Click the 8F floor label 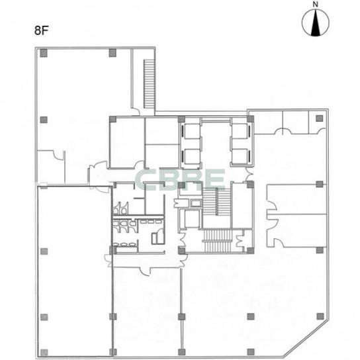pyautogui.click(x=42, y=30)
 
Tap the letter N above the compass pyautogui.click(x=316, y=5)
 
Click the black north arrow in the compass pyautogui.click(x=316, y=23)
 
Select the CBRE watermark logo pyautogui.click(x=180, y=179)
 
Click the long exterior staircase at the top pyautogui.click(x=149, y=84)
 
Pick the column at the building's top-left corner pyautogui.click(x=44, y=53)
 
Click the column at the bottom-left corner pyautogui.click(x=44, y=353)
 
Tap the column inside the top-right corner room pyautogui.click(x=320, y=118)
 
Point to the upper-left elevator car pyautogui.click(x=192, y=131)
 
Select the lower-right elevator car pyautogui.click(x=240, y=157)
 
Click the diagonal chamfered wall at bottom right pyautogui.click(x=306, y=338)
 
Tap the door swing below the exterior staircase pyautogui.click(x=136, y=111)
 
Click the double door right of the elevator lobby pyautogui.click(x=249, y=175)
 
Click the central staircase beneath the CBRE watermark pyautogui.click(x=216, y=202)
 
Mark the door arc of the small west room pyautogui.click(x=58, y=154)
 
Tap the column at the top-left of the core pyautogui.click(x=112, y=119)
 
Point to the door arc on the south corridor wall pyautogui.click(x=145, y=271)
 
